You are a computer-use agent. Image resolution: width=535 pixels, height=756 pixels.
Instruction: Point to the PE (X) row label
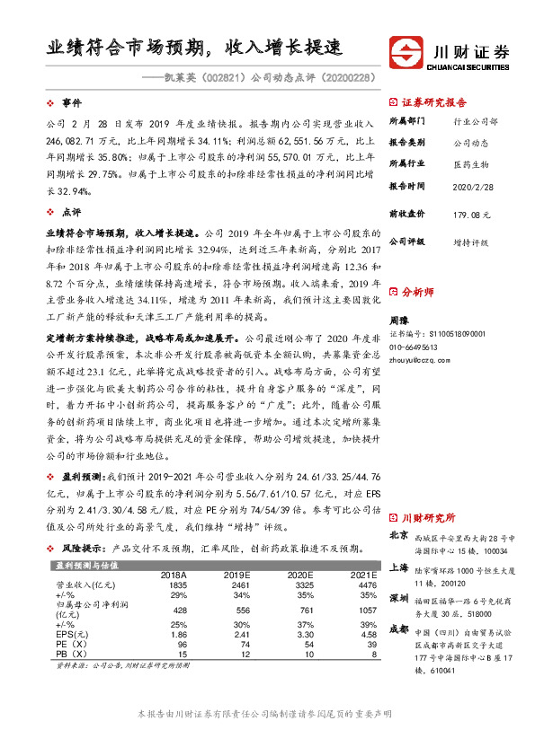(71, 645)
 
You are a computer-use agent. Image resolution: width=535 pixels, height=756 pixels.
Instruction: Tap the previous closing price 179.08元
(470, 215)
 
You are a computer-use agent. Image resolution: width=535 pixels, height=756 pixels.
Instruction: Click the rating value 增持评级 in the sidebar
(470, 242)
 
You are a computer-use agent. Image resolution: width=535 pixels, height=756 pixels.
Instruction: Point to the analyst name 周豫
(400, 320)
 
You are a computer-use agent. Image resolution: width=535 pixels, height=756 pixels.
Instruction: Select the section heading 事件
(72, 103)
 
